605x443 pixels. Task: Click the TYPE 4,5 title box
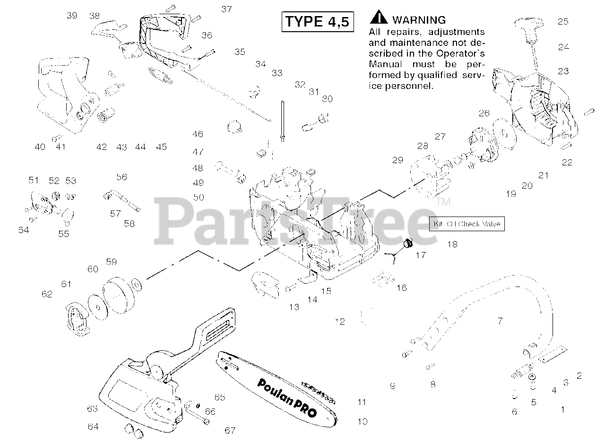tap(318, 22)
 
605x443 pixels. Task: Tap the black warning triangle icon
tap(378, 18)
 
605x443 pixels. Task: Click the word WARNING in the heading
tap(419, 20)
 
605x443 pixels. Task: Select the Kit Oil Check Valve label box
tap(467, 224)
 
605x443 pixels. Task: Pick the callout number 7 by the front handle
tap(500, 321)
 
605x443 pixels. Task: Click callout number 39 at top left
tap(71, 16)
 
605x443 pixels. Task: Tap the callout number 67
tap(230, 430)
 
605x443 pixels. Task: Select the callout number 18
tap(452, 244)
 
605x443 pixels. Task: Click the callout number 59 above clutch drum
tap(111, 261)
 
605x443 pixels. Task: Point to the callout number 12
tap(340, 322)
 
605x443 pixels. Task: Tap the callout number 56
tap(121, 177)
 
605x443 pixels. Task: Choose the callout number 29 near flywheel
tap(398, 160)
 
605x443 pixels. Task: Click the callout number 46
tap(198, 134)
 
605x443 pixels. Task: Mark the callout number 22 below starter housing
tap(567, 162)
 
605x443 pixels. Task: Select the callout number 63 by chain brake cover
tap(93, 408)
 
